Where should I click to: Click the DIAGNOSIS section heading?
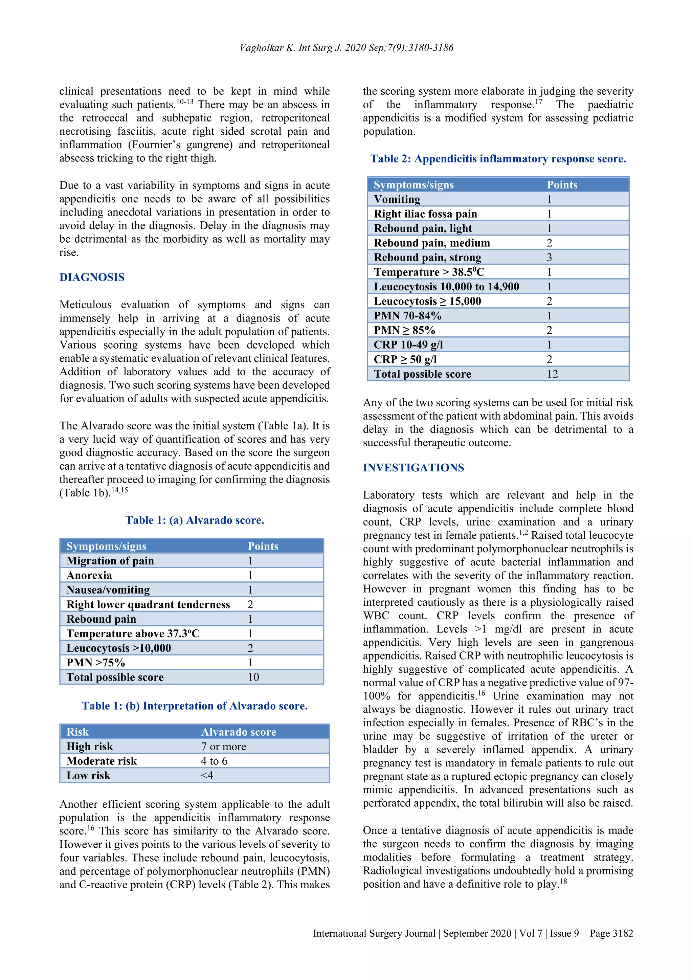click(92, 277)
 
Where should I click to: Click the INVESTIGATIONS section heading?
click(413, 468)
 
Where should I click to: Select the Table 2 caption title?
click(498, 159)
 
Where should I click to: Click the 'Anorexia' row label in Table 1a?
click(89, 575)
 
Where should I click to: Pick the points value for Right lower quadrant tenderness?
click(250, 604)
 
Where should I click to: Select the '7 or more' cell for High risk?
click(224, 747)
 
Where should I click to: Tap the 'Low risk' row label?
click(88, 776)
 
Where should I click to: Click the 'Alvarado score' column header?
click(239, 732)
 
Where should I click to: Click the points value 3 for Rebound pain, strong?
click(550, 258)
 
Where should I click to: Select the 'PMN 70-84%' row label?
click(407, 316)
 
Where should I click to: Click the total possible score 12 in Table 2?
click(552, 374)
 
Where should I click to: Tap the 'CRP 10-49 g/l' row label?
click(408, 345)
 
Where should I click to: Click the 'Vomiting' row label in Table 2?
click(397, 199)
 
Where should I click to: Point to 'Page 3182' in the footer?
click(611, 934)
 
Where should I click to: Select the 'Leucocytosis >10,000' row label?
click(119, 648)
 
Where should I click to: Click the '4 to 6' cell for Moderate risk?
click(214, 761)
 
